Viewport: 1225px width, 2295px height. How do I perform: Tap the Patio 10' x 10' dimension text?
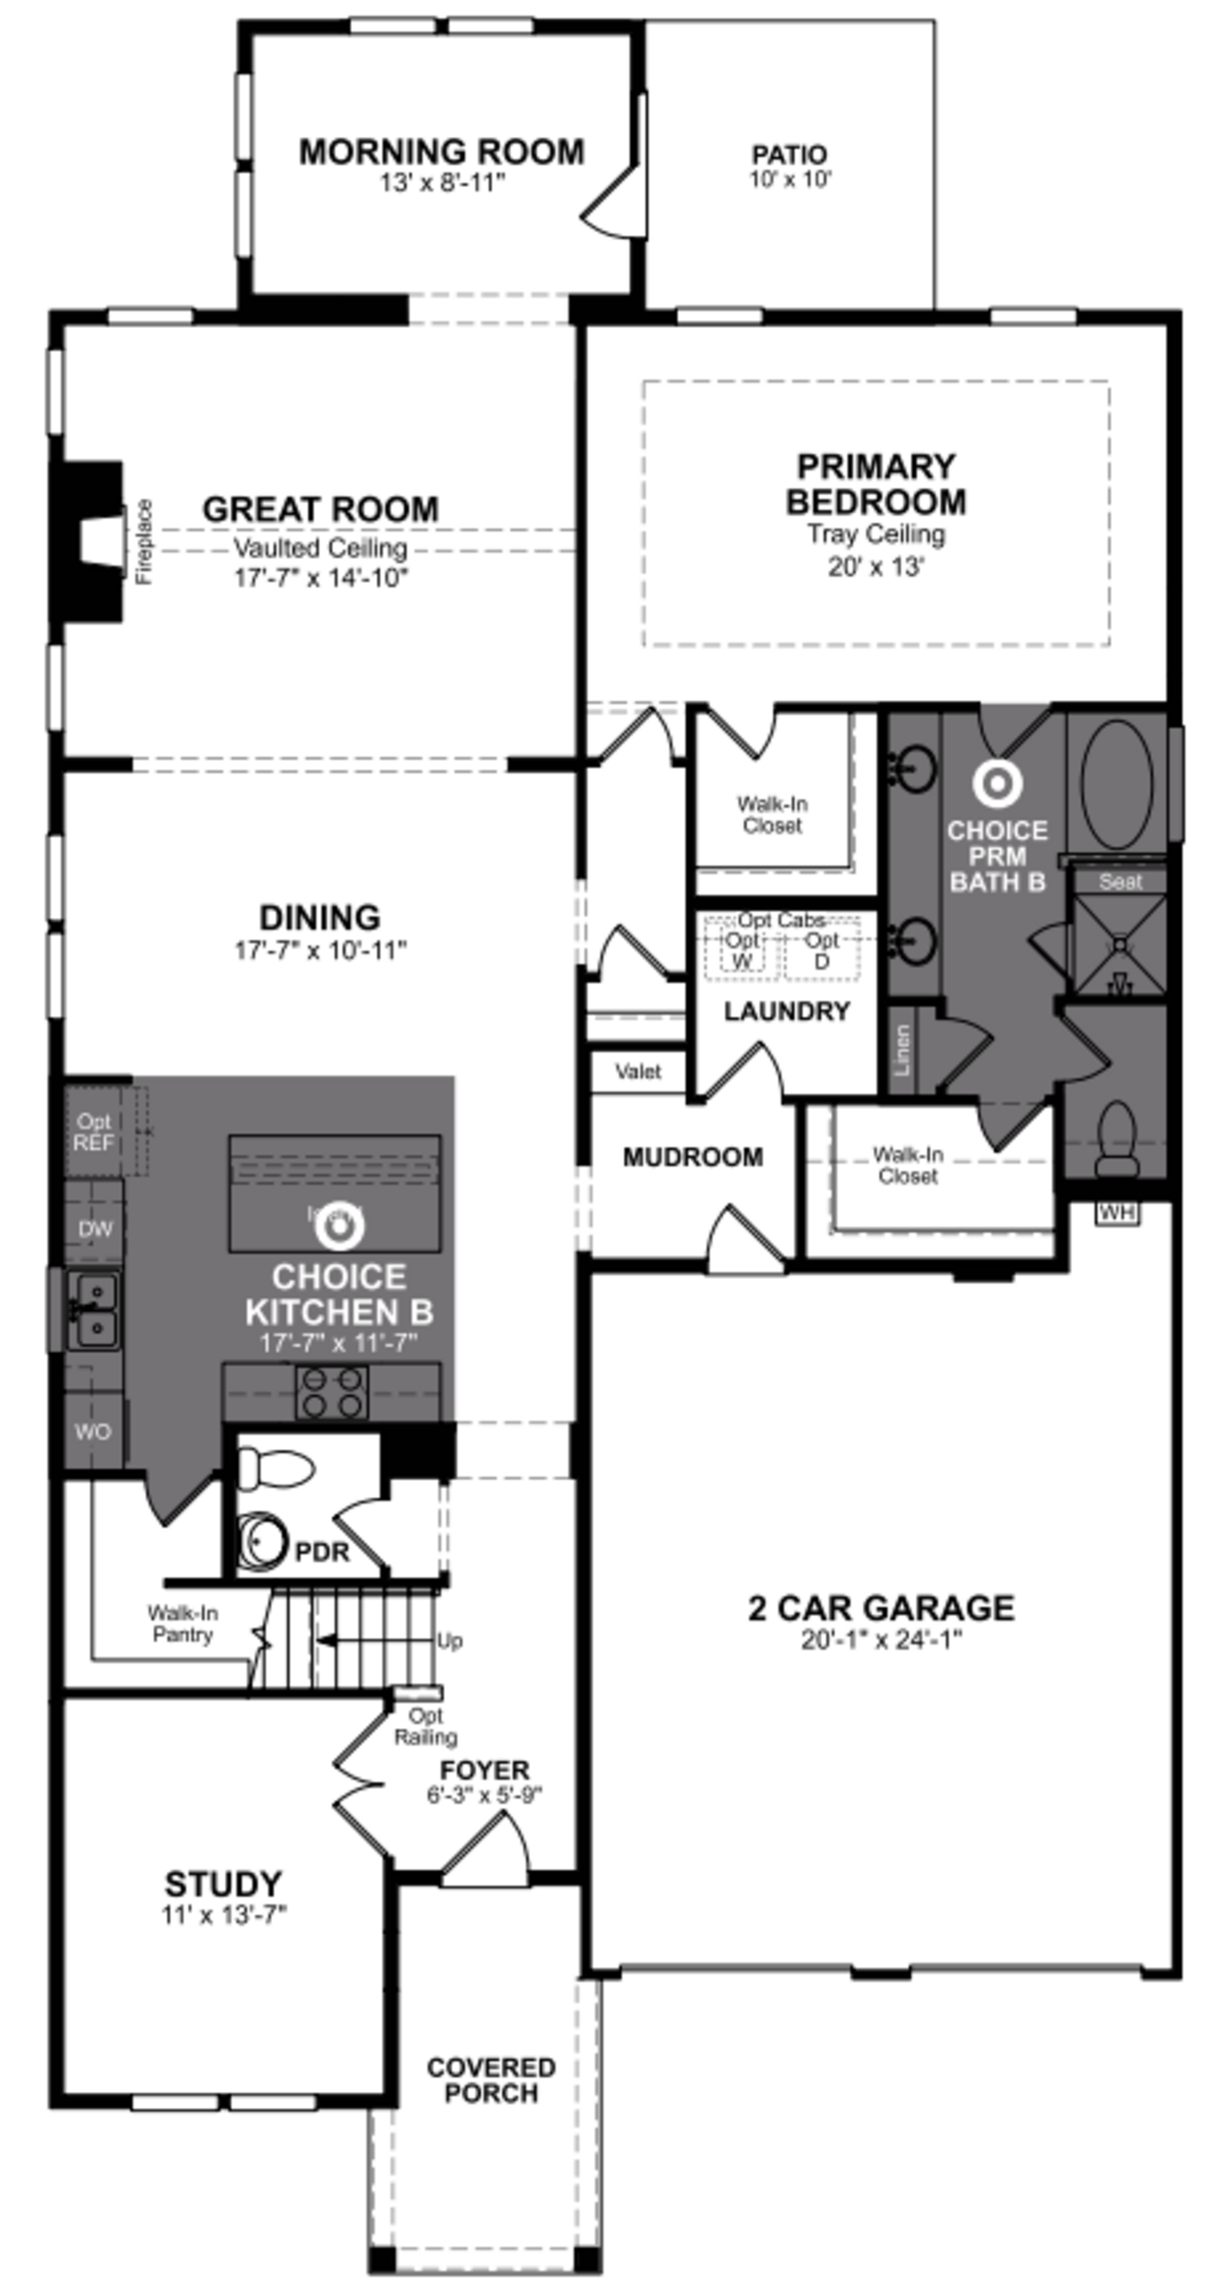[789, 179]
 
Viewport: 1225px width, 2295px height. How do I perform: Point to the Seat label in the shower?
[1119, 882]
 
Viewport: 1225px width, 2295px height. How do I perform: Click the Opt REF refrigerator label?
[93, 1132]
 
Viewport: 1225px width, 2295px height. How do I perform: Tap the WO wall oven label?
[93, 1432]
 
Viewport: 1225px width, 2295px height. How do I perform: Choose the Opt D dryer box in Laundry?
[821, 951]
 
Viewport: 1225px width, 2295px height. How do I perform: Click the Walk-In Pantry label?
[183, 1623]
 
